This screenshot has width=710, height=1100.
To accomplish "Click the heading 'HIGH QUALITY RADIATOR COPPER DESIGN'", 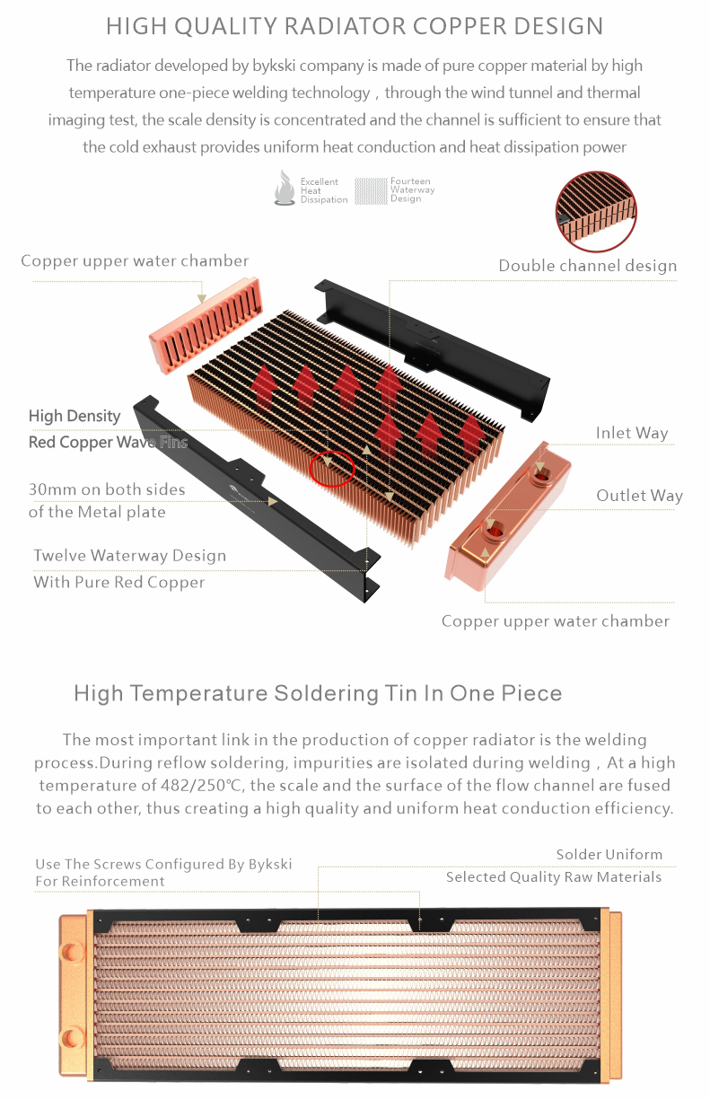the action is pos(355,26).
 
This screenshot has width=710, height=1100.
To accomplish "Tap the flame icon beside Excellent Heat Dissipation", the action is pos(285,188).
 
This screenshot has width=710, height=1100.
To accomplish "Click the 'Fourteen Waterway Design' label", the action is pos(413,190).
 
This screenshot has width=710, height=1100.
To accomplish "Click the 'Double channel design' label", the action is pos(588,266).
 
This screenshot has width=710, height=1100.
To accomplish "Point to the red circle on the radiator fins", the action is pos(332,469).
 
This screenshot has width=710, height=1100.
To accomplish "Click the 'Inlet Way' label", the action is pos(632,433).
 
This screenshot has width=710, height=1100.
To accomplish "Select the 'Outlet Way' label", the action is pos(639,496).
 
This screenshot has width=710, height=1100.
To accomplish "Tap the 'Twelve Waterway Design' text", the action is pos(129,556).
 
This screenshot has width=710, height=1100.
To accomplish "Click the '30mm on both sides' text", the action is pos(107,489).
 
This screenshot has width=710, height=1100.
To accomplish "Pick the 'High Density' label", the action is pos(75,416).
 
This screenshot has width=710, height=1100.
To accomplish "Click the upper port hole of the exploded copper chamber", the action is pos(543,475).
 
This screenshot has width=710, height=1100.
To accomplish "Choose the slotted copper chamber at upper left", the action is pos(206,325).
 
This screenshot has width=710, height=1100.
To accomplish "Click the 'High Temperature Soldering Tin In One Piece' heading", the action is pos(318,693).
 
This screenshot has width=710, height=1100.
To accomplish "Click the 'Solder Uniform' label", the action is pos(609,855).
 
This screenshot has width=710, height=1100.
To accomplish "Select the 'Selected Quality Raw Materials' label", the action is pos(553,877).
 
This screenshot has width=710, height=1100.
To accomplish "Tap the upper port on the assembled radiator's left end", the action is pos(72,952).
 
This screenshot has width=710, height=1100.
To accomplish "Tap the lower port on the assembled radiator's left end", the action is pos(72,1037).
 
